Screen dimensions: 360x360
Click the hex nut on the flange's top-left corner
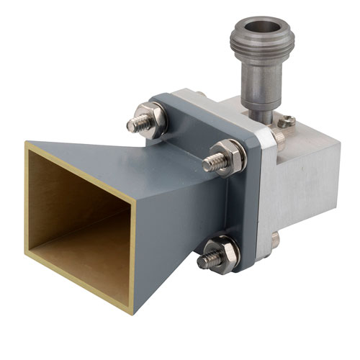[154, 117]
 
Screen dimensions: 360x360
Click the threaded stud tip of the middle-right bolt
[208, 164]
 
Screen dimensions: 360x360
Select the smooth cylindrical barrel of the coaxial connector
[259, 86]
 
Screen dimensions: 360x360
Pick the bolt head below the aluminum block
[274, 240]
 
